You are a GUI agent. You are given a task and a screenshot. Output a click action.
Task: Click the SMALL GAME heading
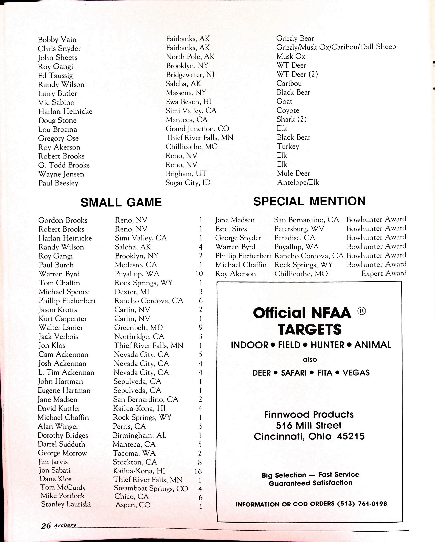point(121,202)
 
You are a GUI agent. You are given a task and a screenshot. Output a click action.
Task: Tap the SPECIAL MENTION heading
point(309,201)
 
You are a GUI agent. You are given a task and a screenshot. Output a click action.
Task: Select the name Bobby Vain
point(57,39)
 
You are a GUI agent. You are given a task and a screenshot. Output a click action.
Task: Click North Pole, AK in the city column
point(190,57)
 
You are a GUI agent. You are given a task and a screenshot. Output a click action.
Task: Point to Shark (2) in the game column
point(291,119)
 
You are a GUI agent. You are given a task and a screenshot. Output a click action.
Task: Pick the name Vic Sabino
point(56,102)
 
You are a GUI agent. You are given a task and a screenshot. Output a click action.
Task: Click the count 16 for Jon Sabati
point(198,471)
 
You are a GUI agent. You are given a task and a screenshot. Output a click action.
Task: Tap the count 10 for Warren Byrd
point(199,274)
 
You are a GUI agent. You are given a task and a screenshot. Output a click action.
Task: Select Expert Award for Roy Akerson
point(384,273)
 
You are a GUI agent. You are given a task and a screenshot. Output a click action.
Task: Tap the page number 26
point(46,526)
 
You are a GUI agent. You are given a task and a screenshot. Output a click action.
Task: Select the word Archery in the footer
point(65,525)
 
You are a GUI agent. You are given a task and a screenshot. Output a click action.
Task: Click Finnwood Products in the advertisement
point(309,414)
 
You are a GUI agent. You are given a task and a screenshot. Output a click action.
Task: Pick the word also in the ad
point(310,359)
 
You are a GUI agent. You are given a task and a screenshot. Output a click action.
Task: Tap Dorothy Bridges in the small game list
point(63,435)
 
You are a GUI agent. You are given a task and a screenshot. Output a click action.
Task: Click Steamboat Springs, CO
point(151,488)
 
